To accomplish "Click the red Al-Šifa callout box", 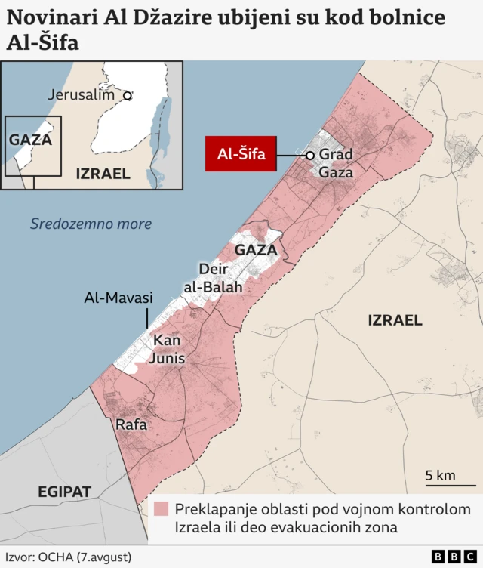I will tap(241, 155).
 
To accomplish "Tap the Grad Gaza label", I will tap(336, 163).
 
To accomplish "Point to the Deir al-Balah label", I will tap(213, 278).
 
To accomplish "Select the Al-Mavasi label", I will tap(118, 298).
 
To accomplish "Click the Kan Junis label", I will tap(166, 349).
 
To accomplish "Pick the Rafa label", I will tap(131, 425).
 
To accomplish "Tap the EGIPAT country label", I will tap(64, 492).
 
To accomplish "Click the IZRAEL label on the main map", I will tap(395, 320).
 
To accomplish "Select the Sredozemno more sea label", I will tap(91, 224).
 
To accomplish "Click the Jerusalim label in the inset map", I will tap(81, 95).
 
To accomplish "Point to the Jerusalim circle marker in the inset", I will tap(128, 96).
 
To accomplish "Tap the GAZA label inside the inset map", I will tap(30, 140).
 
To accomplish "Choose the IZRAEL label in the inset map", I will tap(103, 174).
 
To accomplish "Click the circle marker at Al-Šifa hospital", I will tap(309, 155).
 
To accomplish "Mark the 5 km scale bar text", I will tap(440, 475).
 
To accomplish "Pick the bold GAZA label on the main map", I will tap(256, 249).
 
